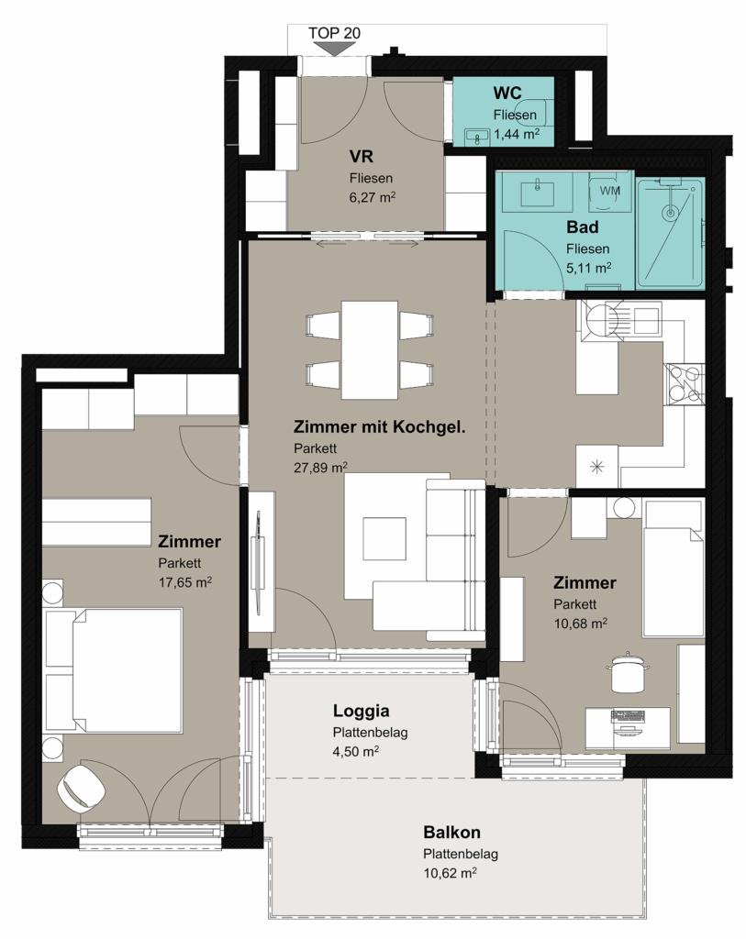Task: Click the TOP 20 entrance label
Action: pos(334,33)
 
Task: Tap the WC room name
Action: pos(507,93)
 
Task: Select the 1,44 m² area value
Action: pos(517,134)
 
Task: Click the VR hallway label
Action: pos(362,156)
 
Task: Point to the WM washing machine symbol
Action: pos(610,191)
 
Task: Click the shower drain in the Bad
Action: pos(670,212)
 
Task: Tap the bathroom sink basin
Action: pos(537,193)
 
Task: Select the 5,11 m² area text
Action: pos(588,268)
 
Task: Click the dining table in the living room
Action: pos(370,349)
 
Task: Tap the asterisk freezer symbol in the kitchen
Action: pos(596,467)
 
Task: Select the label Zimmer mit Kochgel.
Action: pos(379,427)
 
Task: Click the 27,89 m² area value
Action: pos(320,467)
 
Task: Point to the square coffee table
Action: pos(384,538)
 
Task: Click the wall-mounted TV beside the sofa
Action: pos(260,563)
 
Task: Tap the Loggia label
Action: pos(362,711)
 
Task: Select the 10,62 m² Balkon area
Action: pos(450,873)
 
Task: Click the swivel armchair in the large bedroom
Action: pos(81,788)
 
